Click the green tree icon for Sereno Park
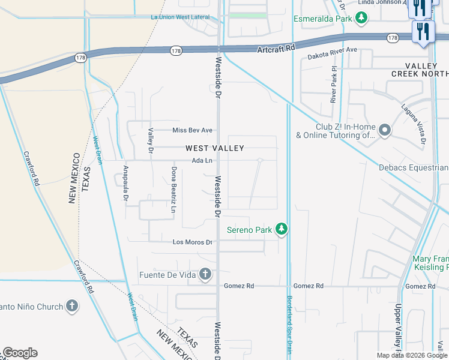click(x=281, y=229)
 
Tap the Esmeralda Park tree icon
click(x=361, y=19)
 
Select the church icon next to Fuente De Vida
click(x=205, y=275)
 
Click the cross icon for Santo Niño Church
click(x=71, y=306)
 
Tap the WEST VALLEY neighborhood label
click(x=214, y=148)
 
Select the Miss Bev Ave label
click(x=192, y=130)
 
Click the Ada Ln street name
click(x=202, y=160)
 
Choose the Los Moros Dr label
click(x=192, y=242)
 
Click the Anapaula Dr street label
click(x=126, y=187)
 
